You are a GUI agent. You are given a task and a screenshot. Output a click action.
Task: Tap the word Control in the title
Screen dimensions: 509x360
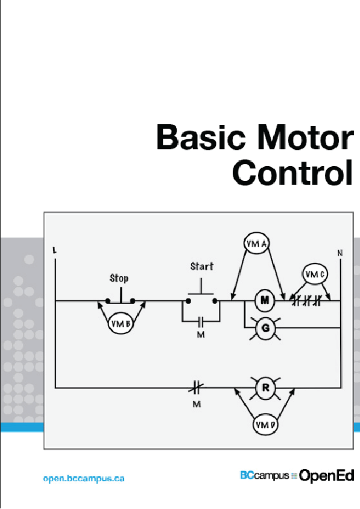point(292,172)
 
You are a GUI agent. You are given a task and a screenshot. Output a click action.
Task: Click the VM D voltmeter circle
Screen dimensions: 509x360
point(265,425)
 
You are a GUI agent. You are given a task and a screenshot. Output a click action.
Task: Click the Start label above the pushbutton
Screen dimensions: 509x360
point(202,266)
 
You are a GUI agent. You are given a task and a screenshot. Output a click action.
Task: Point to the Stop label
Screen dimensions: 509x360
point(119,279)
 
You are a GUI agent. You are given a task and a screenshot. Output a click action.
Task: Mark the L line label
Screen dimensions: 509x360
point(55,250)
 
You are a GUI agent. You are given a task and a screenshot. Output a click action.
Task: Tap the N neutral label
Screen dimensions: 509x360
point(340,253)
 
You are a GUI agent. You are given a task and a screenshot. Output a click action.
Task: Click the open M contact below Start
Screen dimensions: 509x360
point(201,320)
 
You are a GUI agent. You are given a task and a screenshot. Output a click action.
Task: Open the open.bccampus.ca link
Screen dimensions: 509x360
point(84,478)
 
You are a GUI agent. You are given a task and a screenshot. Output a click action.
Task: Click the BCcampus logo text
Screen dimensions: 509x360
point(264,476)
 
